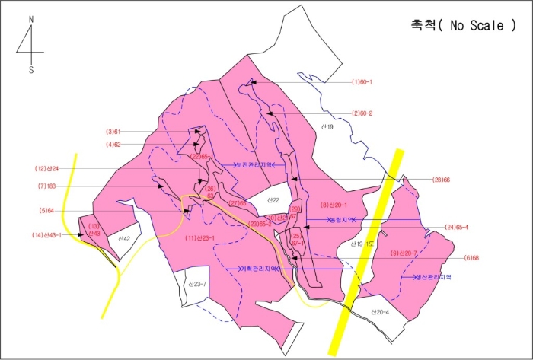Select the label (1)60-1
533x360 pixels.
pyautogui.click(x=361, y=82)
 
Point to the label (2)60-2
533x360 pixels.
pyautogui.click(x=362, y=113)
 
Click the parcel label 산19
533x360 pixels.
pyautogui.click(x=325, y=126)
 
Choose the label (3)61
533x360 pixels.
pyautogui.click(x=113, y=132)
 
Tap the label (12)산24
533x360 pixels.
pyautogui.click(x=47, y=168)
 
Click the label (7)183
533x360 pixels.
pyautogui.click(x=47, y=186)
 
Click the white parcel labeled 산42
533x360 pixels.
pyautogui.click(x=123, y=239)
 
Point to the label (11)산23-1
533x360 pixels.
pyautogui.click(x=201, y=238)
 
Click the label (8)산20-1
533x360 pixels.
pyautogui.click(x=334, y=205)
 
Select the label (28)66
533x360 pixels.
pyautogui.click(x=442, y=180)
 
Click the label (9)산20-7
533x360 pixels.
pyautogui.click(x=404, y=253)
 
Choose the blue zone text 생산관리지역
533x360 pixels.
pyautogui.click(x=432, y=278)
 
